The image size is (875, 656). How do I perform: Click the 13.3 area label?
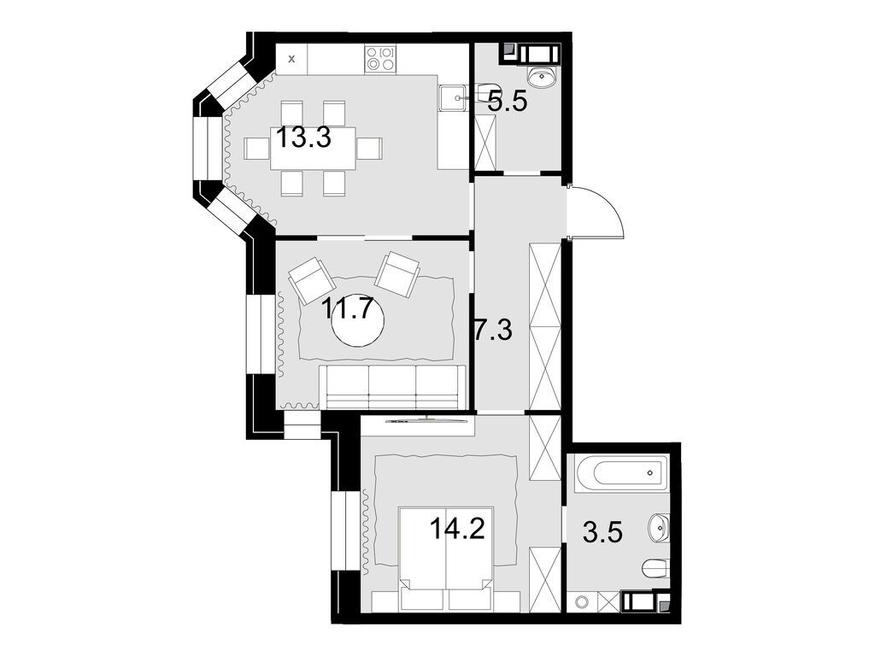pos(302,137)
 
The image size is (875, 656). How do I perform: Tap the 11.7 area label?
pos(347,307)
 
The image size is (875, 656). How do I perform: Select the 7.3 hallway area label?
pos(493,329)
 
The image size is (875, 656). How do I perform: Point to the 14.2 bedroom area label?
pos(457,529)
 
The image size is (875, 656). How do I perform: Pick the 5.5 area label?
pos(508,102)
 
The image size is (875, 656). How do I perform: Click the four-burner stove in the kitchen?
pos(380,58)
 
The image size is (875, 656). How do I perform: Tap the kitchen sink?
pos(451,99)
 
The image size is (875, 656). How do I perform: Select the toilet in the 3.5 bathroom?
pos(655,568)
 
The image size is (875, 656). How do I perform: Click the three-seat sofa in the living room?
pos(392,386)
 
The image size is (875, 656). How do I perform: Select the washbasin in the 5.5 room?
pos(542,78)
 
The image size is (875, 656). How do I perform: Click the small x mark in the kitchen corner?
pos(292,59)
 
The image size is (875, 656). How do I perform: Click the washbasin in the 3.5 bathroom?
pos(661,527)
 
